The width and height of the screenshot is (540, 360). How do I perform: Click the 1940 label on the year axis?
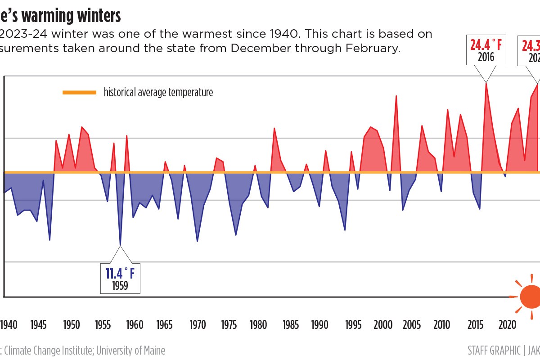click(x=9, y=325)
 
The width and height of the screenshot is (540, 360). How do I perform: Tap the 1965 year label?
click(x=165, y=325)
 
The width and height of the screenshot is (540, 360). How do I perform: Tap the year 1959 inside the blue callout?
click(x=120, y=286)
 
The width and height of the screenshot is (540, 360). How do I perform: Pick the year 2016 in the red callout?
click(x=486, y=57)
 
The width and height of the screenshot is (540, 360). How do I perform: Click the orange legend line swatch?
click(x=80, y=93)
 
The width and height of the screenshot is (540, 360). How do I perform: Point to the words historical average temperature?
click(x=158, y=93)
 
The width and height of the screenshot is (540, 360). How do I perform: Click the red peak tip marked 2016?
click(x=486, y=83)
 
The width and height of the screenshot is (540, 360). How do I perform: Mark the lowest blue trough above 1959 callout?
click(x=120, y=245)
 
